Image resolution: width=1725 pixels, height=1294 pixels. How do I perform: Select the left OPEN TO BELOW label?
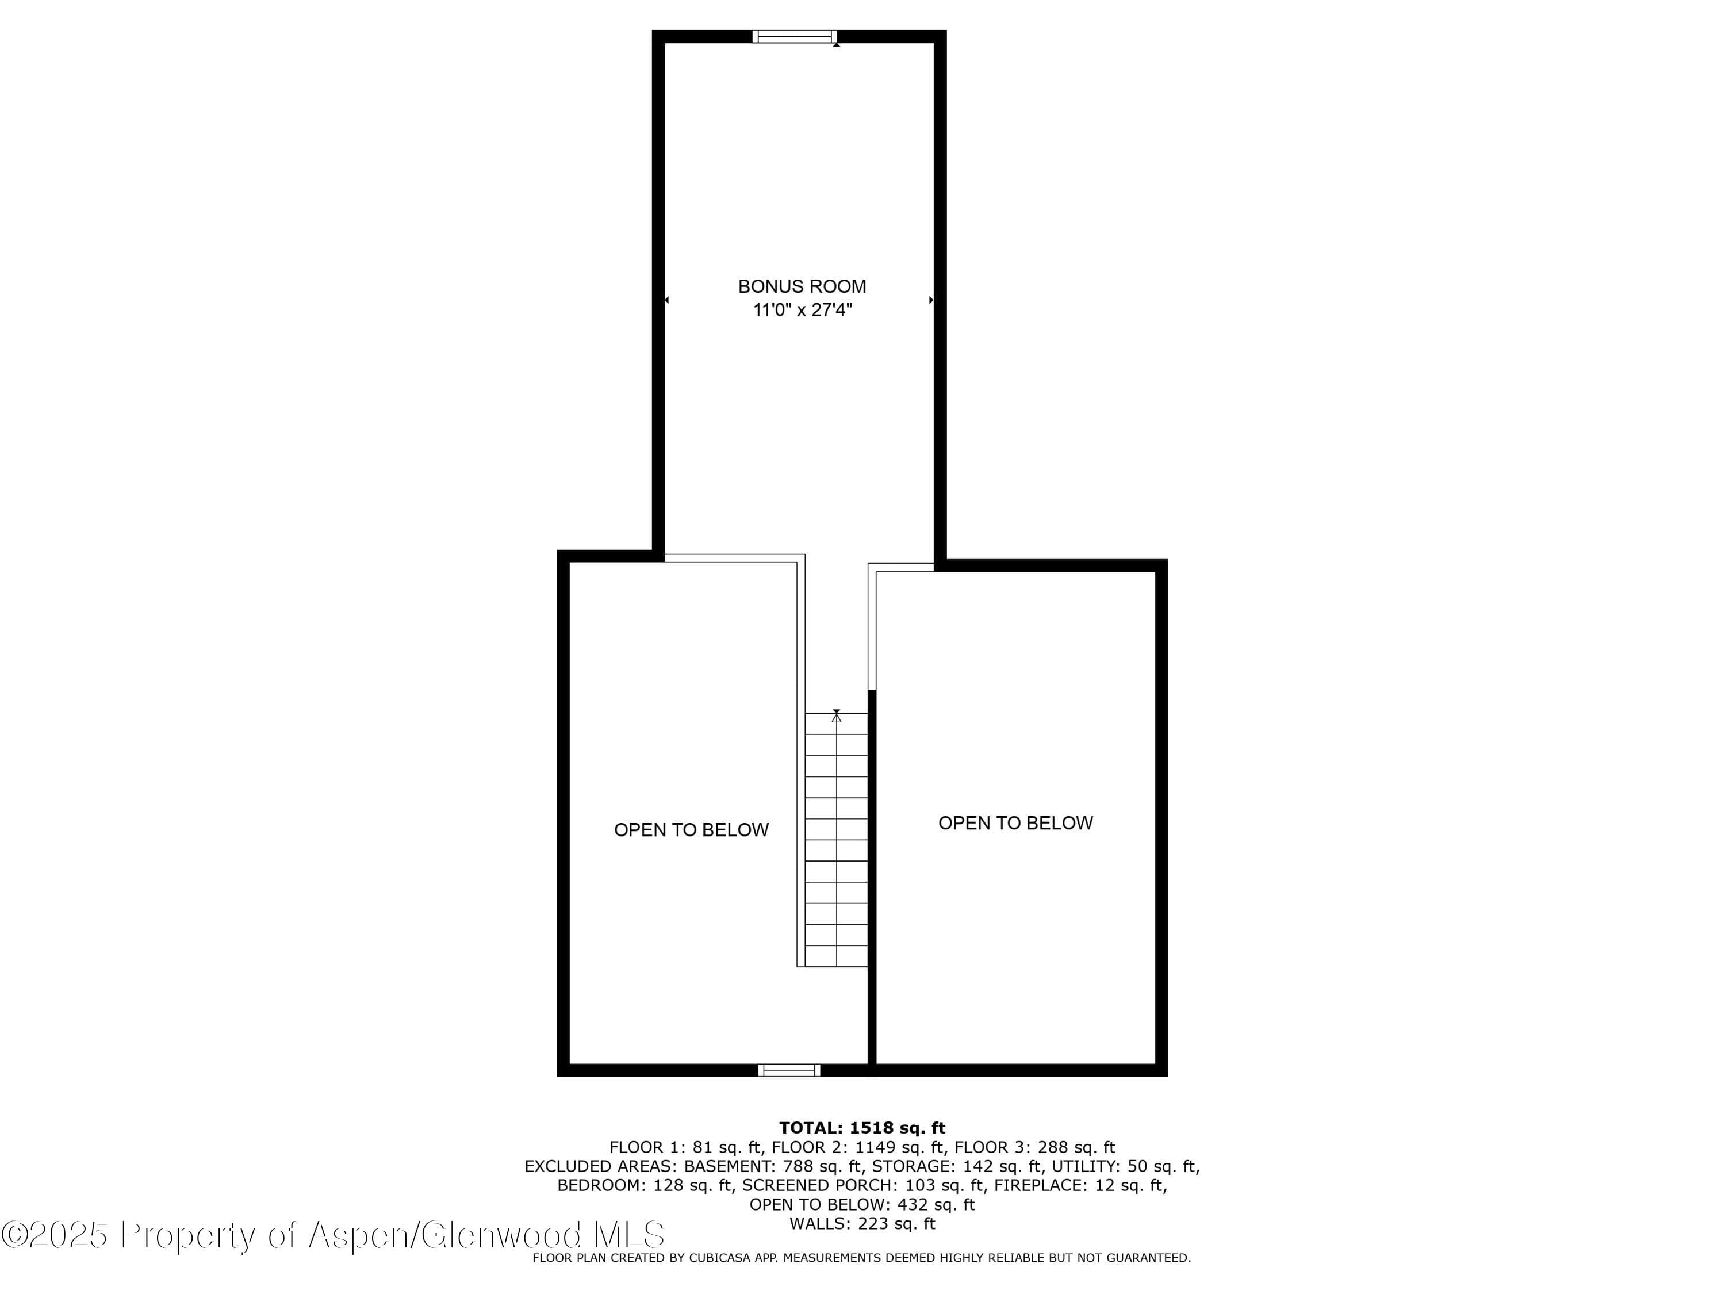[691, 830]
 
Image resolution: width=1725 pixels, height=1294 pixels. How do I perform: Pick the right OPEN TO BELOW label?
[1015, 823]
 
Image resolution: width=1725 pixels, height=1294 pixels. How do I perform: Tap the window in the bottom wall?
[789, 1070]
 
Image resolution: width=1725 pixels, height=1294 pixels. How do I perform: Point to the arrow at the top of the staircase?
[837, 715]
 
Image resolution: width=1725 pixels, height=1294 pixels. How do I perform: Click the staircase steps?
[837, 840]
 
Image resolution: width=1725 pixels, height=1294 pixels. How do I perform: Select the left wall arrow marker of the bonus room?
[666, 300]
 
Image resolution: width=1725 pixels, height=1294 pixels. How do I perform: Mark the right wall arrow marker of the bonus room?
[931, 300]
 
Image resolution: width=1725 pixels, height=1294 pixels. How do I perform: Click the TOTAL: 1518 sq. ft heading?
[862, 1127]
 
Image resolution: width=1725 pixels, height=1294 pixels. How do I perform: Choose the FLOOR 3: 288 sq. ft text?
[1035, 1147]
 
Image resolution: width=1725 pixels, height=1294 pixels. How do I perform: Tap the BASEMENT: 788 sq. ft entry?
[773, 1166]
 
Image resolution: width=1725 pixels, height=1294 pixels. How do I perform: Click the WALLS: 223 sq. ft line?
[862, 1224]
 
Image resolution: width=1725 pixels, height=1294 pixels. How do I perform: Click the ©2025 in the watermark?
[54, 1235]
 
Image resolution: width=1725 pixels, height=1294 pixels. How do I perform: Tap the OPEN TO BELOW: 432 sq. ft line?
[862, 1204]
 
